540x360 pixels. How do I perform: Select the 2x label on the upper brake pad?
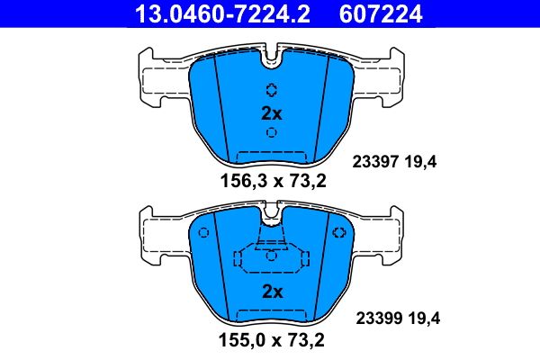pos(272,113)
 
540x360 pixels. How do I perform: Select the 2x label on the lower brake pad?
pos(272,292)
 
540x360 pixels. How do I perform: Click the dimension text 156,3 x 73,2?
pos(272,181)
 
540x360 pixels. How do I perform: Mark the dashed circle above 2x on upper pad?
pos(272,90)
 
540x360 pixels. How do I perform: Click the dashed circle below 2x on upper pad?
pos(272,133)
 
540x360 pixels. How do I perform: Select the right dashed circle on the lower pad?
pos(340,233)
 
